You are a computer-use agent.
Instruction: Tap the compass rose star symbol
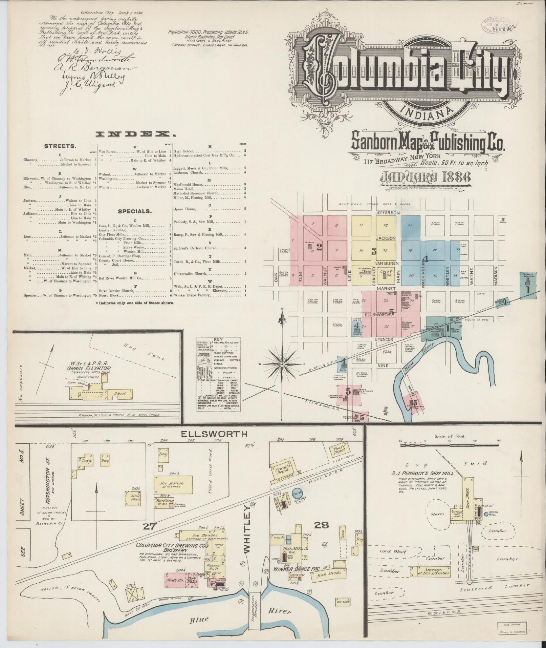point(282,364)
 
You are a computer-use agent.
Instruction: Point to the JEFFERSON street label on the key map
point(388,213)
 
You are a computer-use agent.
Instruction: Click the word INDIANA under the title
point(427,110)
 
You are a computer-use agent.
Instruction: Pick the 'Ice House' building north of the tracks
point(174,484)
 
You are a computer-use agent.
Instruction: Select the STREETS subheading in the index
point(60,146)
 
